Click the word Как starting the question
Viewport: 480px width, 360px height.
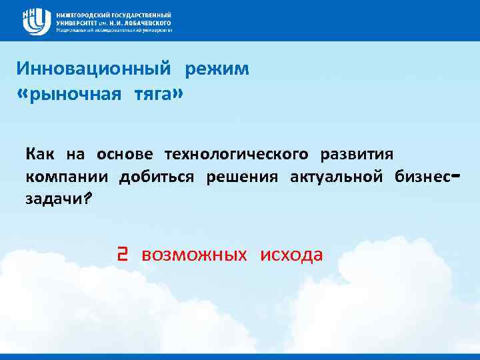point(40,155)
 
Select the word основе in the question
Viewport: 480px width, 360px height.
point(125,155)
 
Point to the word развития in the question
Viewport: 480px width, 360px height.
point(357,155)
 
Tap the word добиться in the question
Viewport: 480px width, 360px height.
point(157,177)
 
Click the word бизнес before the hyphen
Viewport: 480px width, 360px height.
point(423,177)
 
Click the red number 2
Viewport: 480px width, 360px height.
point(122,255)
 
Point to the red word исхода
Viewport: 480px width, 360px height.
point(291,255)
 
